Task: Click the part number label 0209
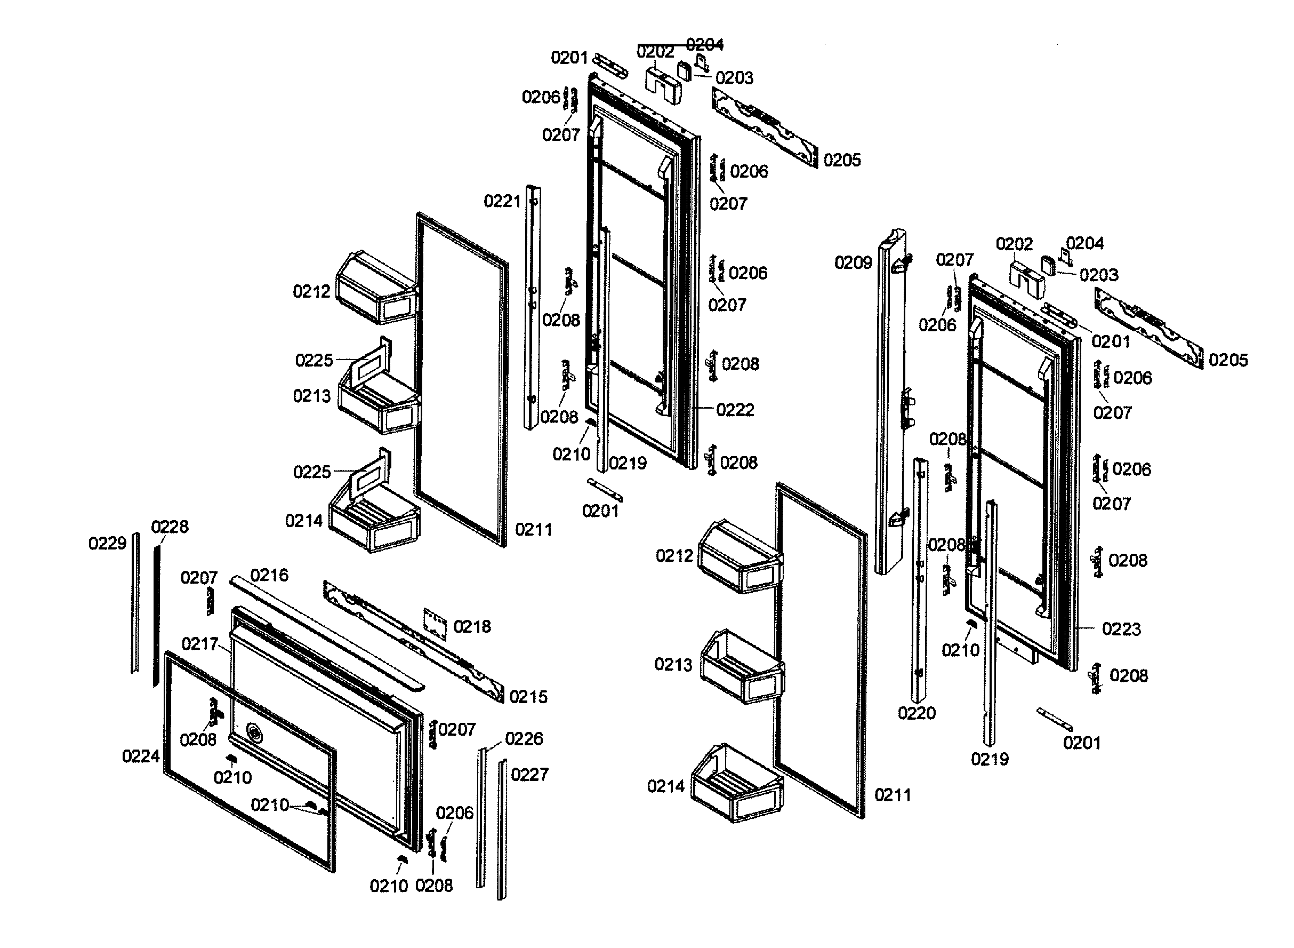(x=853, y=263)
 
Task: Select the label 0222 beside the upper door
(x=735, y=410)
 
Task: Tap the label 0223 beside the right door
(x=1121, y=629)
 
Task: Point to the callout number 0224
(x=141, y=756)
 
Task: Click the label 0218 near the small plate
(x=471, y=626)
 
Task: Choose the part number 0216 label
(x=269, y=575)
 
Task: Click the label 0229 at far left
(x=107, y=543)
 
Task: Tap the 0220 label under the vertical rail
(x=916, y=713)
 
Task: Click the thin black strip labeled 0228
(x=156, y=614)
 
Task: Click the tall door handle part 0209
(x=891, y=402)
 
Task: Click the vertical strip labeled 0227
(x=502, y=829)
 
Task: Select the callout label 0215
(x=528, y=697)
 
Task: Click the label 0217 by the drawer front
(x=199, y=644)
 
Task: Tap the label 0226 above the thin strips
(x=524, y=738)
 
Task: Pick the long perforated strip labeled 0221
(x=532, y=307)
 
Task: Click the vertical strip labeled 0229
(x=135, y=602)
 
